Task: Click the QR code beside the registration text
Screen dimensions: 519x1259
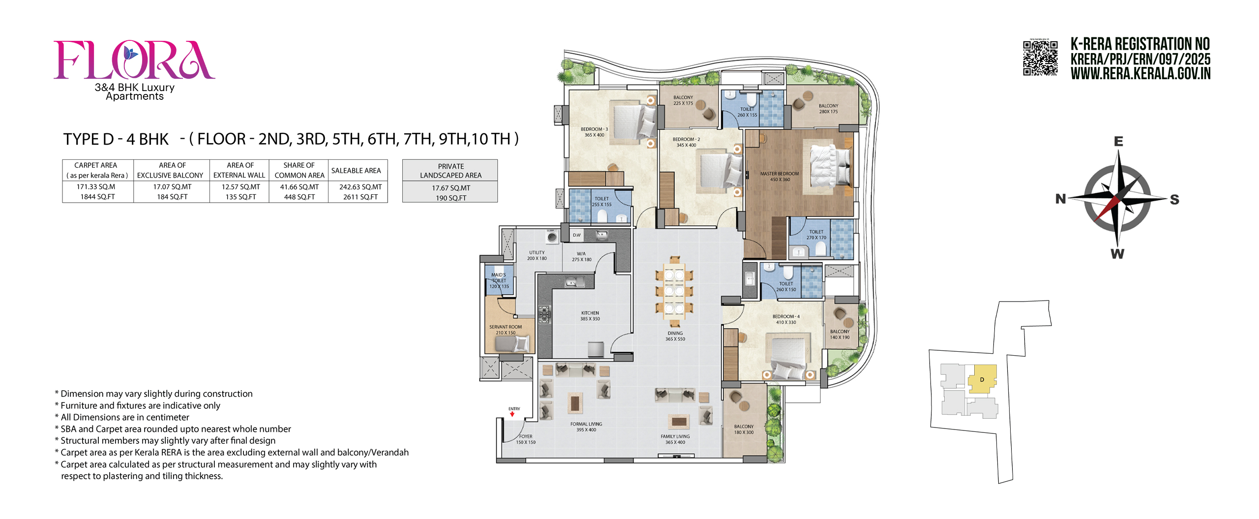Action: pyautogui.click(x=1040, y=58)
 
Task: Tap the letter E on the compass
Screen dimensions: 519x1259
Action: pyautogui.click(x=1118, y=142)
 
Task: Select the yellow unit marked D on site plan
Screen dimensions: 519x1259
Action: pyautogui.click(x=982, y=379)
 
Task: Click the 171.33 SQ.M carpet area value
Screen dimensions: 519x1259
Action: pyautogui.click(x=96, y=187)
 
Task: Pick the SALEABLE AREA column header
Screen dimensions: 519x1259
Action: pyautogui.click(x=356, y=171)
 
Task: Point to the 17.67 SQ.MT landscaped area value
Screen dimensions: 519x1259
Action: pyautogui.click(x=450, y=188)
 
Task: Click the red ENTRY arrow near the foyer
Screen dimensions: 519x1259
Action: pyautogui.click(x=512, y=414)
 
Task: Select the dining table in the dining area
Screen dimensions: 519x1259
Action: pyautogui.click(x=674, y=291)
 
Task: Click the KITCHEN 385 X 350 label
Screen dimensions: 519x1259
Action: pyautogui.click(x=590, y=316)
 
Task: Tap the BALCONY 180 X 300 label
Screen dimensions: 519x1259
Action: pyautogui.click(x=744, y=429)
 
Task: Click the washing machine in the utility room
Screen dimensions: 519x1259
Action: pyautogui.click(x=552, y=238)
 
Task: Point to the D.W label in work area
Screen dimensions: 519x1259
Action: pyautogui.click(x=576, y=235)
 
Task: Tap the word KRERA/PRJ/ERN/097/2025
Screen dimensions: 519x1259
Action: pyautogui.click(x=1140, y=60)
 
